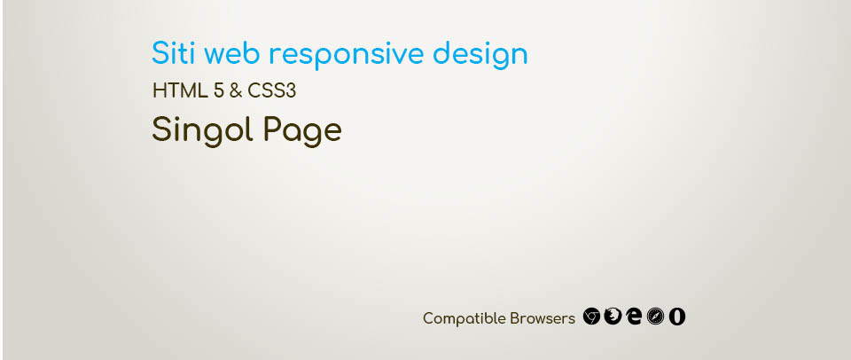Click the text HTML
pyautogui.click(x=180, y=91)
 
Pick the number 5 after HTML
pyautogui.click(x=219, y=91)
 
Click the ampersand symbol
pyautogui.click(x=236, y=91)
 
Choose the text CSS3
pyautogui.click(x=272, y=91)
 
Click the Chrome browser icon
pyautogui.click(x=591, y=316)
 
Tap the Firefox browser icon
pyautogui.click(x=613, y=316)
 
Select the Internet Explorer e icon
pyautogui.click(x=633, y=316)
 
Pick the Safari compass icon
pyautogui.click(x=655, y=316)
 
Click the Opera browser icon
pyautogui.click(x=676, y=316)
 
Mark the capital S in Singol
pyautogui.click(x=161, y=129)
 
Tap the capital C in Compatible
pyautogui.click(x=427, y=318)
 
